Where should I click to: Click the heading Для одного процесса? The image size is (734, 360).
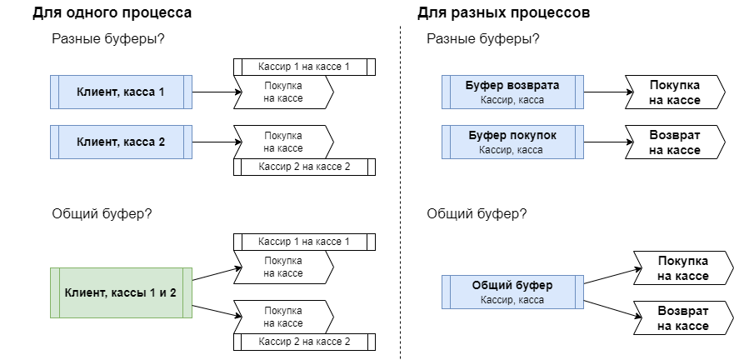(x=112, y=13)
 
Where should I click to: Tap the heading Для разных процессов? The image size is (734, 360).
(x=504, y=13)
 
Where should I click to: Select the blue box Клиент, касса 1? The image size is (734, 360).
(x=121, y=92)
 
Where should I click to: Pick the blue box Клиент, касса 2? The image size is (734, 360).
(x=121, y=142)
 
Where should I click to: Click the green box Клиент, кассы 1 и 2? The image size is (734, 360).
(x=121, y=292)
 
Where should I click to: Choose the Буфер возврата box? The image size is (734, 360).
(x=512, y=92)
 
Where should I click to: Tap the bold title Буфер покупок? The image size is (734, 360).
(x=512, y=135)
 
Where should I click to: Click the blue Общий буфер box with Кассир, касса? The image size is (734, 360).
(x=512, y=292)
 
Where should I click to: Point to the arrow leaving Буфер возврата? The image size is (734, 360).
(x=603, y=92)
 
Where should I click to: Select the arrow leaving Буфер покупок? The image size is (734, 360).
(x=603, y=142)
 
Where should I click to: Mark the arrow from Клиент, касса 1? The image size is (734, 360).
(x=212, y=92)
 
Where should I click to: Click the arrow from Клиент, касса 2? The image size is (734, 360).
(x=212, y=142)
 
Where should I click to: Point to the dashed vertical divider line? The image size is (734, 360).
(x=401, y=192)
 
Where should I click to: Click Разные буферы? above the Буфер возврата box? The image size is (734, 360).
(x=482, y=39)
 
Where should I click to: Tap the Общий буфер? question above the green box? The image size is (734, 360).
(x=102, y=212)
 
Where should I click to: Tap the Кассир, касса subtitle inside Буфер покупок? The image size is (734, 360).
(x=512, y=150)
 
